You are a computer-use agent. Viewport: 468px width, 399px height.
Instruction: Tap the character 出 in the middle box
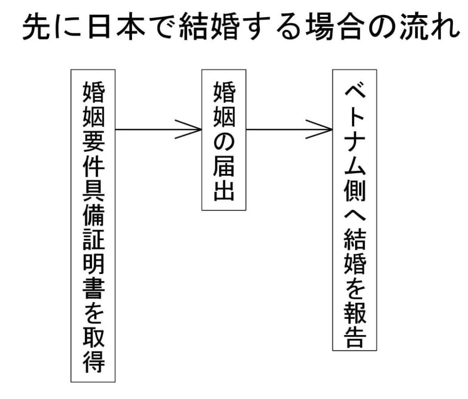224,191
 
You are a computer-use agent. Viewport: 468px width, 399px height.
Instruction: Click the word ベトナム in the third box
355,133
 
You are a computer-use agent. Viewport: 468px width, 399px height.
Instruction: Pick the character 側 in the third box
355,191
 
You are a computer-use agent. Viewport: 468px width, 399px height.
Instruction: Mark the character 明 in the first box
93,265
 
